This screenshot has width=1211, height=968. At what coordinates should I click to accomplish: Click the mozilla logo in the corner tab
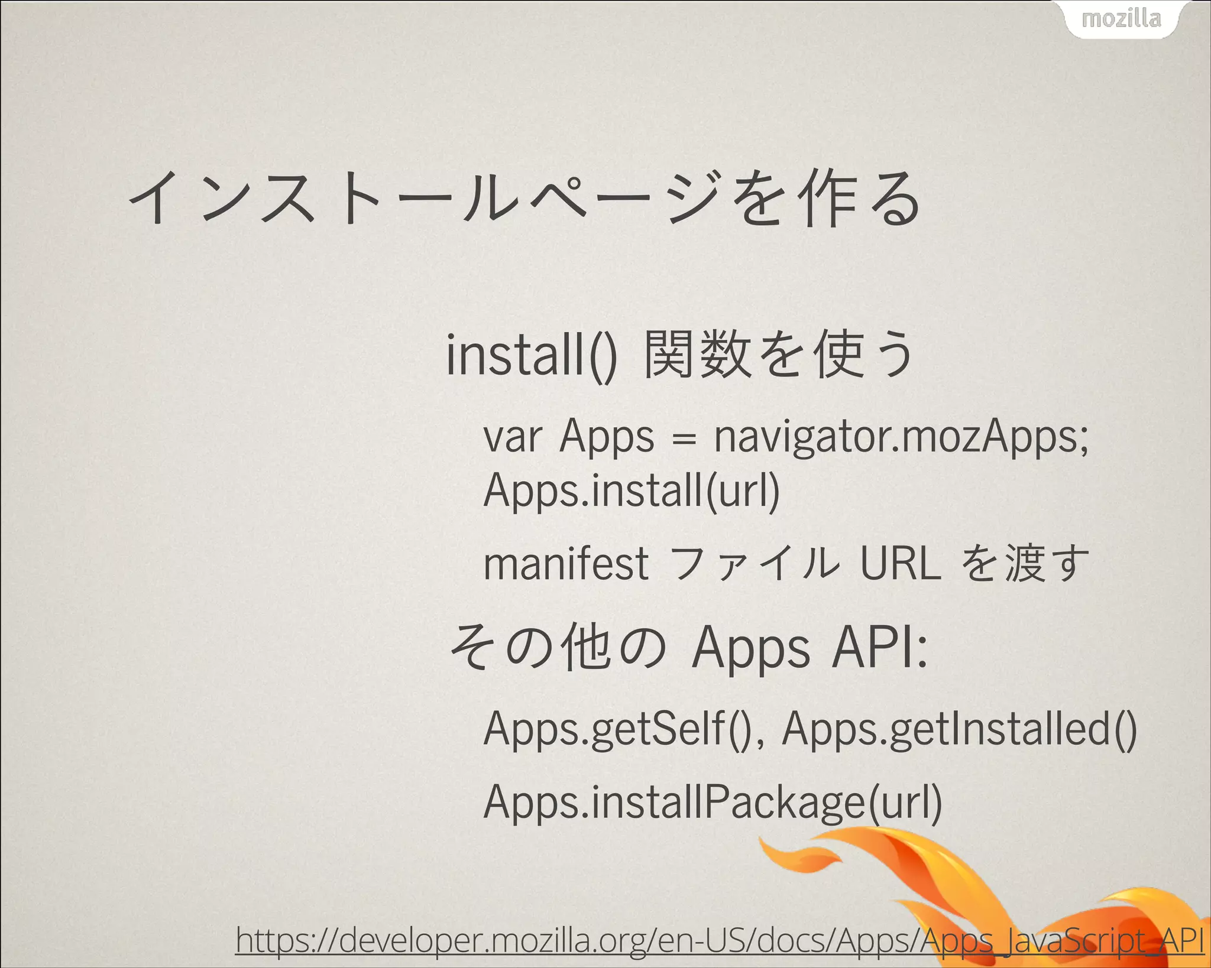[x=1121, y=19]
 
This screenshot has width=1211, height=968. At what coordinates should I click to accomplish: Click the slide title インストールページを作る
[x=524, y=198]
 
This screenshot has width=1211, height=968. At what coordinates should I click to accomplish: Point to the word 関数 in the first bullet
[x=698, y=355]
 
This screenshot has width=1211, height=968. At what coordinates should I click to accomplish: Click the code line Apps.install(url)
[x=632, y=492]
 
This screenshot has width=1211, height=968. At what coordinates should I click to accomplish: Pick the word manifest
[x=566, y=564]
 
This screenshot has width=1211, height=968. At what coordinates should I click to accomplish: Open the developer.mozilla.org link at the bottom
[x=719, y=940]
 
